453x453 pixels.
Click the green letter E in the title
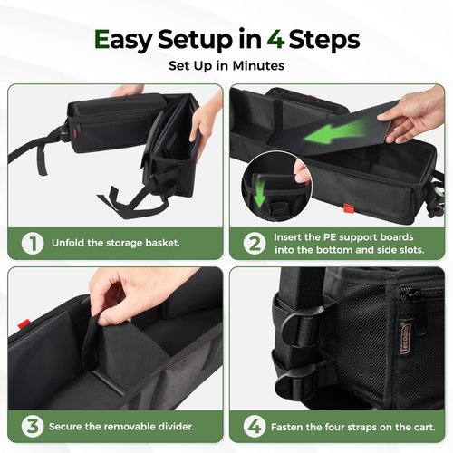pos(101,39)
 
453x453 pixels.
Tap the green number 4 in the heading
pos(275,39)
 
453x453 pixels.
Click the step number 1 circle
pos(33,243)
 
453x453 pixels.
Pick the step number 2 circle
pos(255,244)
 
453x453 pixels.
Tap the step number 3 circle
pos(33,427)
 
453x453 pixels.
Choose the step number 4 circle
pos(255,427)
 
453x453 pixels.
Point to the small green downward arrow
pos(259,193)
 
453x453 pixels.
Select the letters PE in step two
pos(330,237)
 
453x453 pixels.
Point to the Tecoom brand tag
pos(406,342)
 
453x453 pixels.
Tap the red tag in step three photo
pos(24,324)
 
